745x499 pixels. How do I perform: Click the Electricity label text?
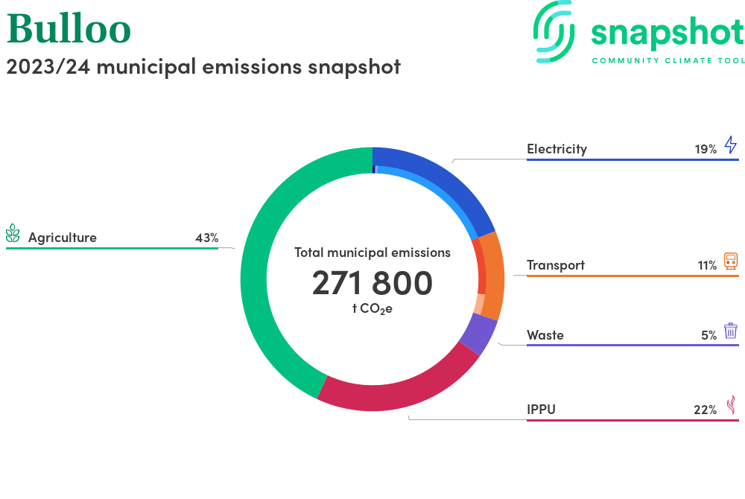point(557,149)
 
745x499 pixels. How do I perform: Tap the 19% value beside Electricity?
point(706,149)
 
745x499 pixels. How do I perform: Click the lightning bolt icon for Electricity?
point(731,144)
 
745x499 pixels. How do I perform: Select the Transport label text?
point(556,265)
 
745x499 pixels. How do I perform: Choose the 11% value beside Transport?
point(707,265)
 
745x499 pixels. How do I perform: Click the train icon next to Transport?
point(731,261)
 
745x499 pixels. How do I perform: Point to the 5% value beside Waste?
point(708,335)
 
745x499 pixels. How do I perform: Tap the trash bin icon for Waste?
point(731,331)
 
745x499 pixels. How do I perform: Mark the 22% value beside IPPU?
point(705,410)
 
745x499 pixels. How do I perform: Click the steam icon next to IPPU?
point(731,404)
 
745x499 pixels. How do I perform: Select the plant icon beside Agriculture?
point(13,235)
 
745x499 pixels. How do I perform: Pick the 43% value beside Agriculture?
point(206,238)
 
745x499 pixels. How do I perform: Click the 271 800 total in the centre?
point(372,284)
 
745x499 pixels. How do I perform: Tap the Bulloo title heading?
point(69,30)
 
